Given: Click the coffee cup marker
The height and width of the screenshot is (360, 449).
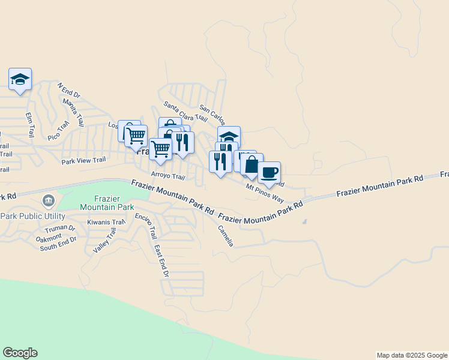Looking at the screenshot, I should [x=269, y=173].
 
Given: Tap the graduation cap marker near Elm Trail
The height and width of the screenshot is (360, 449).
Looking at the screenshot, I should [x=20, y=79].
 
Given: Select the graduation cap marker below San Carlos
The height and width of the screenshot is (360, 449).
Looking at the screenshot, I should [x=229, y=136].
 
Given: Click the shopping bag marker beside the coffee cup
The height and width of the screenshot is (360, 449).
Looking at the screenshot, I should [x=252, y=164].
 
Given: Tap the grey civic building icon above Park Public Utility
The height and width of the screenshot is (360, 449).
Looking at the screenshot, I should [x=47, y=200].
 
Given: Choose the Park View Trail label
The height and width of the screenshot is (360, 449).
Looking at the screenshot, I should [x=83, y=161].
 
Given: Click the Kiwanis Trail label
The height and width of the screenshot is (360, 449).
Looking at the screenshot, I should [x=106, y=222].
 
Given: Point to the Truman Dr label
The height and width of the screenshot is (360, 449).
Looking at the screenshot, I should [x=59, y=229].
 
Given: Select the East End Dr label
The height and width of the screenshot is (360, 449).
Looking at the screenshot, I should [x=161, y=260].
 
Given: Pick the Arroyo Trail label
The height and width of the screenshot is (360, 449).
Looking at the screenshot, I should [x=168, y=176].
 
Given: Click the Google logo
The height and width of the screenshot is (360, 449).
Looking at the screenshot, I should [x=20, y=353].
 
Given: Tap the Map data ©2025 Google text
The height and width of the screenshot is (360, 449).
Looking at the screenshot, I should [x=412, y=355].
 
